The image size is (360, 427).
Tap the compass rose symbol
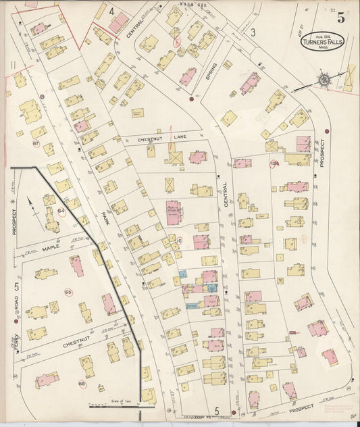point(325,80)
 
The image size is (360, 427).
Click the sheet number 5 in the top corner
point(342,18)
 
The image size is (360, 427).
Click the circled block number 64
point(61,211)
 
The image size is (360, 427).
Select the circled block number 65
point(68,292)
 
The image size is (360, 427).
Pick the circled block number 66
point(82,384)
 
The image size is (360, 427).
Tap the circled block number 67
point(36,143)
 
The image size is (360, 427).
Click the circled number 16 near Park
point(179,241)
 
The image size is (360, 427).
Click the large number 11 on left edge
point(13,65)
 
